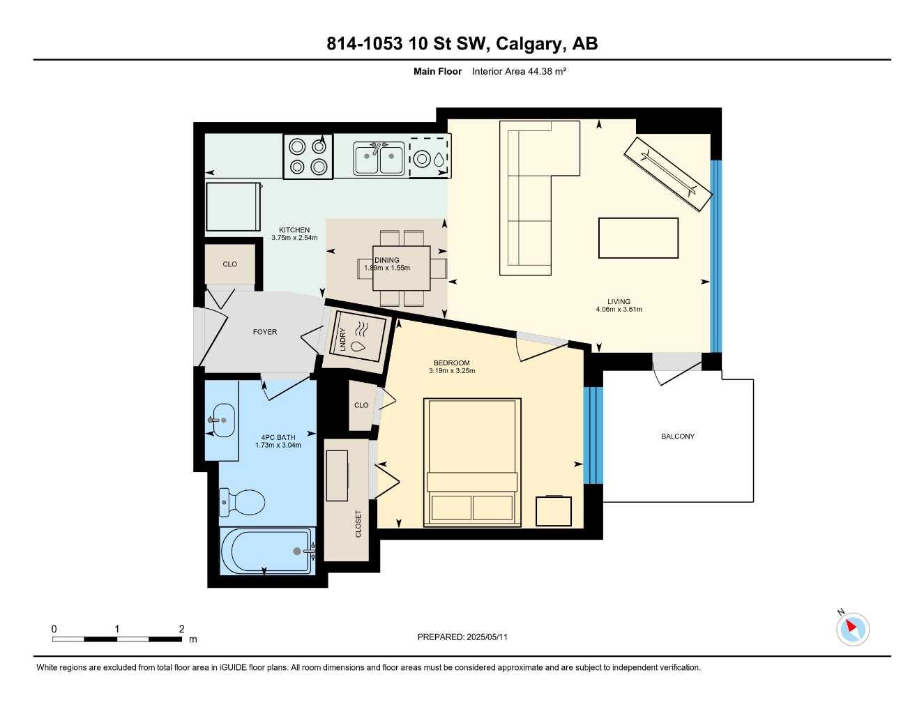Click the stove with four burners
click(x=308, y=156)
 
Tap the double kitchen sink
click(x=379, y=158)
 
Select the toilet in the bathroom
click(x=243, y=501)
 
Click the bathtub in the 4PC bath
click(x=266, y=551)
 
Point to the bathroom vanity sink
click(x=222, y=420)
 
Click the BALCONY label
click(x=677, y=436)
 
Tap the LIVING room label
click(x=619, y=302)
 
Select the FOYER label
click(x=265, y=332)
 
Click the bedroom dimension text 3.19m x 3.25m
click(x=452, y=371)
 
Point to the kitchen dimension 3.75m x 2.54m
click(x=294, y=238)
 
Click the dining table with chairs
click(x=402, y=268)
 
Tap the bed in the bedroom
click(x=473, y=462)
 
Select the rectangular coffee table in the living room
click(x=638, y=238)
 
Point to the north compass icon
click(x=852, y=629)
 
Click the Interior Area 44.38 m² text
click(x=519, y=71)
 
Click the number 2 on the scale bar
click(x=181, y=629)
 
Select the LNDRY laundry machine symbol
click(x=358, y=337)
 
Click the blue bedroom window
click(x=593, y=435)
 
